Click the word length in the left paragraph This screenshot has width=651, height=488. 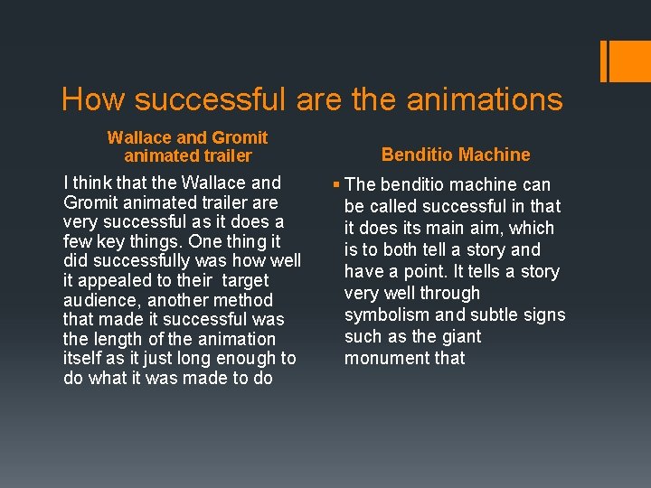coord(117,340)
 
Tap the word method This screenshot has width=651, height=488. coord(246,300)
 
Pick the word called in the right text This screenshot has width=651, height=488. coord(392,206)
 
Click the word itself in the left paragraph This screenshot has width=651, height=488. coord(82,359)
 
